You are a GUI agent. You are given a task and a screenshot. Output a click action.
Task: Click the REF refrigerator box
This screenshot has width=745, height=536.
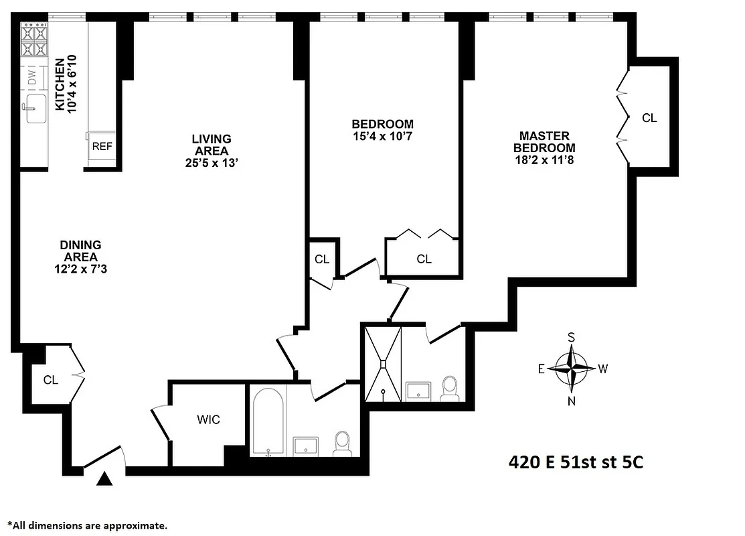coord(102,147)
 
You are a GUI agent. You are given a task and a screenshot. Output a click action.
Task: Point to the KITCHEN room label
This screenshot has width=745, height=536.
coord(60,84)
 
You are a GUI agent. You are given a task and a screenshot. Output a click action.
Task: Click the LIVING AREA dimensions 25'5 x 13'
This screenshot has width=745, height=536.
coord(211,162)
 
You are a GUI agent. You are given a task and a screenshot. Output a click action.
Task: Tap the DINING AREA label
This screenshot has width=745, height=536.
coord(80,251)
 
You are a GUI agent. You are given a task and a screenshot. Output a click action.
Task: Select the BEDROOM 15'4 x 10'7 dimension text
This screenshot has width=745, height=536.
coord(382,137)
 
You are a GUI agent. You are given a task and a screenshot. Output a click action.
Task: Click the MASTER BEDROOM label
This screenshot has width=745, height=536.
coord(544,142)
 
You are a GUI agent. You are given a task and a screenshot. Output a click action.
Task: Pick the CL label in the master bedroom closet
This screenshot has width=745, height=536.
coord(649,118)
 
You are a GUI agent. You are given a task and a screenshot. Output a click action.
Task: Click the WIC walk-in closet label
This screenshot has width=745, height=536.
coord(208,420)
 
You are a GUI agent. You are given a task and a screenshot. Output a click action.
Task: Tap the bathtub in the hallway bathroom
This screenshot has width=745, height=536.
coord(268,420)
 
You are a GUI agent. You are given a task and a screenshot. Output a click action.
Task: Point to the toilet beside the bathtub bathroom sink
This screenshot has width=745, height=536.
coord(342,443)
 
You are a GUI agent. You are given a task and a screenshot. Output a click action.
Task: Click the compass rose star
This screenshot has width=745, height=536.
coord(572,368)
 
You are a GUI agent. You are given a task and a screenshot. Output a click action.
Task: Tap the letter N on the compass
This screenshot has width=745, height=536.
coord(572,401)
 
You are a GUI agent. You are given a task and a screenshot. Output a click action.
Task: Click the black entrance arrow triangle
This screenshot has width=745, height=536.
coord(104,479)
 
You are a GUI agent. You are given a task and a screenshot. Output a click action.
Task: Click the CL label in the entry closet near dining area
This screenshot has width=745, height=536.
coord(51,380)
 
